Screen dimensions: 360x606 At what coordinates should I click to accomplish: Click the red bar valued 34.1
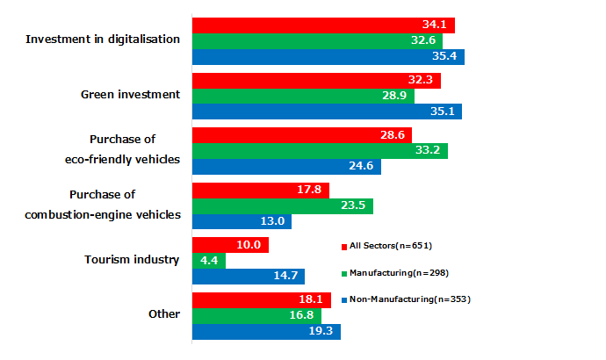click(323, 25)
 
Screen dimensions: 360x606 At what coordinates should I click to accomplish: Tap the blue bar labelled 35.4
click(328, 57)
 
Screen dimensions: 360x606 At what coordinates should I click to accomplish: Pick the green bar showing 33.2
click(320, 151)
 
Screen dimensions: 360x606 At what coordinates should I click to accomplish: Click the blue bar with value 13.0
click(242, 222)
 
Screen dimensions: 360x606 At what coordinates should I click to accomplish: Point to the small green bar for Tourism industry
click(209, 261)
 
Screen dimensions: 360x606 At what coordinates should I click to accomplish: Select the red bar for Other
click(262, 300)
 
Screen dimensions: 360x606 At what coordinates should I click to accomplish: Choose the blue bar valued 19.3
click(266, 332)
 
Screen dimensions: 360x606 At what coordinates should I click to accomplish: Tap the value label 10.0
click(253, 245)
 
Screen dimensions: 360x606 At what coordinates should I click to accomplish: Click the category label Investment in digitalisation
click(103, 40)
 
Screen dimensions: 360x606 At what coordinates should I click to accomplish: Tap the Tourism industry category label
click(132, 260)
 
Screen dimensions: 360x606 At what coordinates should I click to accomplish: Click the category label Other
click(164, 314)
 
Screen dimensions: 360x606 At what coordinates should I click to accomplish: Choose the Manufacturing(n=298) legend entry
click(394, 272)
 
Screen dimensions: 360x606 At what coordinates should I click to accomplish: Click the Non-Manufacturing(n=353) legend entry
click(405, 299)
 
